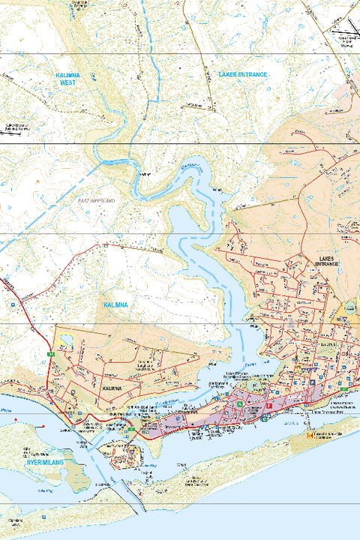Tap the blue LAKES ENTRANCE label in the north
click(x=242, y=75)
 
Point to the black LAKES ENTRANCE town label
click(x=328, y=262)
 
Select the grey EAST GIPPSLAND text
click(x=97, y=201)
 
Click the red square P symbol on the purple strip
click(x=268, y=406)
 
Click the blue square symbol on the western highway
click(x=13, y=305)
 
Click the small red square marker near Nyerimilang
click(x=43, y=427)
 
